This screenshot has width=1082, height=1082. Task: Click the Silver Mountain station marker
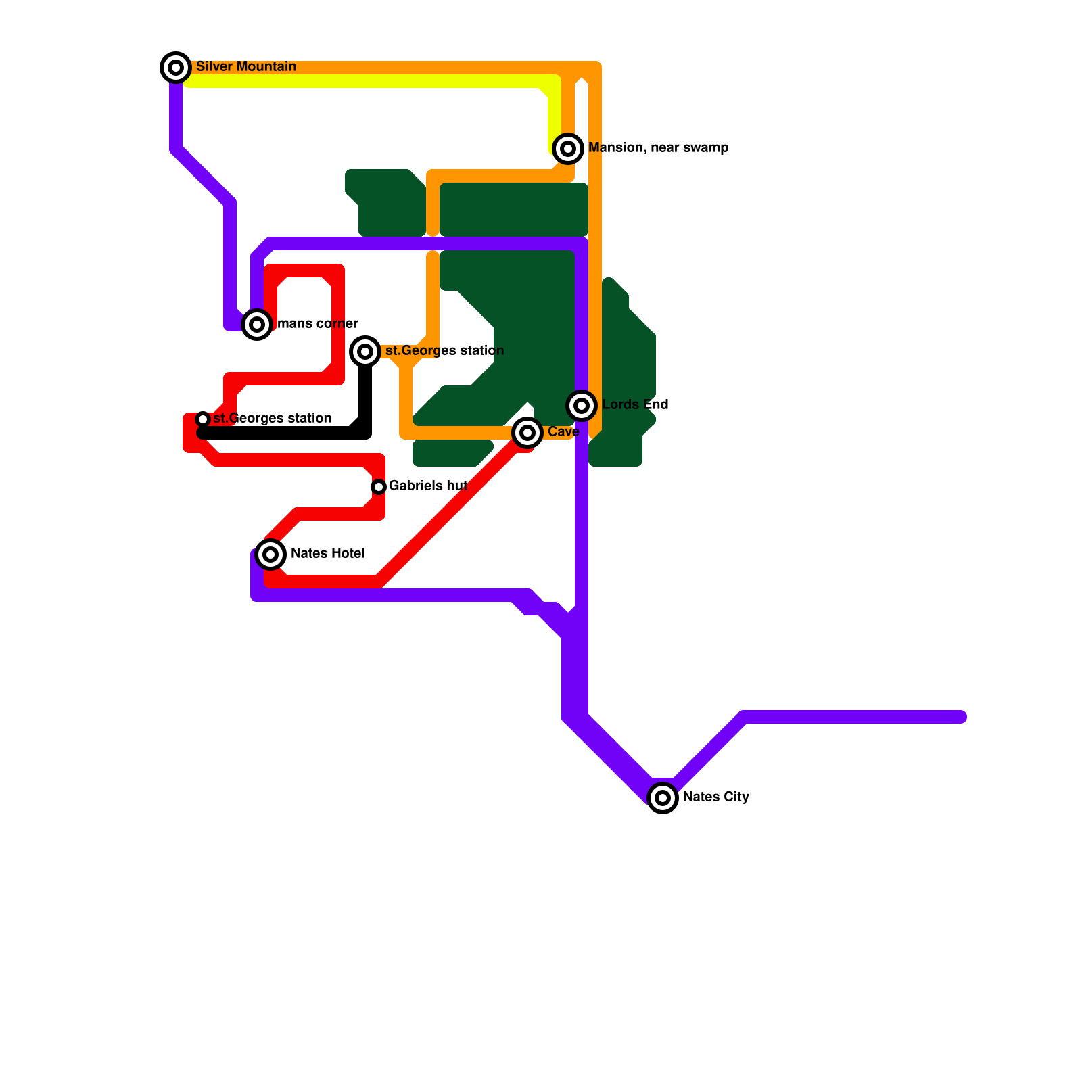(176, 68)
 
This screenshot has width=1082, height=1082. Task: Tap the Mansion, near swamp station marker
(568, 149)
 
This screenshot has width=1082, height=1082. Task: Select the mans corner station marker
(257, 325)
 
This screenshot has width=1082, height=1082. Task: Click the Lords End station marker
(582, 406)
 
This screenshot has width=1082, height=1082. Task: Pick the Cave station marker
(527, 433)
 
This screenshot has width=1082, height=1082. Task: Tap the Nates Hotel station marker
(270, 555)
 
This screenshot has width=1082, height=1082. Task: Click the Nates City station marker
(663, 798)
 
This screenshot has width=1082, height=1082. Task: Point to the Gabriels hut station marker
(379, 487)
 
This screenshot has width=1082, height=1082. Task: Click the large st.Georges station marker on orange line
(365, 352)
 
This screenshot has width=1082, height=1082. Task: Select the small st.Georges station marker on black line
(203, 419)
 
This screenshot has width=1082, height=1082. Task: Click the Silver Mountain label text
(245, 66)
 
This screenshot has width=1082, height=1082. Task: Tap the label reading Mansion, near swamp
(658, 147)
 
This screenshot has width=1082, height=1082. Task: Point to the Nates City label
(715, 797)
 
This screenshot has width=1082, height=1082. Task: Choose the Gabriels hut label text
(428, 486)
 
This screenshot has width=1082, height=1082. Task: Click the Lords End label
(635, 404)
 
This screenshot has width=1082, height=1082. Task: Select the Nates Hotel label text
(327, 553)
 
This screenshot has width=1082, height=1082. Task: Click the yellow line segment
(365, 82)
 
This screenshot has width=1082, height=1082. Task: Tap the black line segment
(284, 433)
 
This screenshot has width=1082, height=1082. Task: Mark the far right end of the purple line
(962, 717)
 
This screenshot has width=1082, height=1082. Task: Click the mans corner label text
(317, 323)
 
